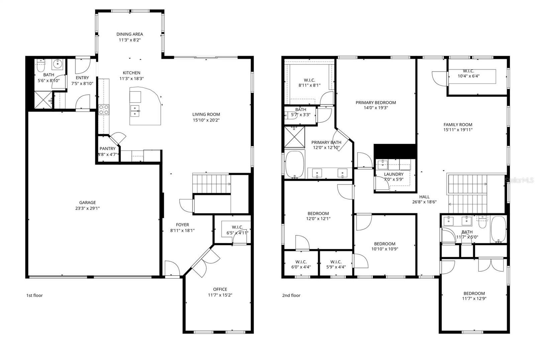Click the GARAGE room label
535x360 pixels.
[87, 202]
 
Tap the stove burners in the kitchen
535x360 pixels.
[104, 110]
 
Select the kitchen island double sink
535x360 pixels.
[135, 111]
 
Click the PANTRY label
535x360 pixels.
[107, 149]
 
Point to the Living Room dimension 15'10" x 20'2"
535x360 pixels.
[206, 120]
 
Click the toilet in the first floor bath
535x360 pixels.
[40, 66]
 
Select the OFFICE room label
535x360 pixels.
[220, 289]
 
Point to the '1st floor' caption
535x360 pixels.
[34, 295]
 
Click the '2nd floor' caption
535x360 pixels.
[291, 295]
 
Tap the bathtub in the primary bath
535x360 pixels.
[295, 165]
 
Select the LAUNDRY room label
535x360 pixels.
[394, 174]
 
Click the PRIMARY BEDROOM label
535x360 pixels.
[376, 103]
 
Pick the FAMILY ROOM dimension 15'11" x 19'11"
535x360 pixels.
[458, 130]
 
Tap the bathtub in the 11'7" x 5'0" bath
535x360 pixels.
[499, 230]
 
